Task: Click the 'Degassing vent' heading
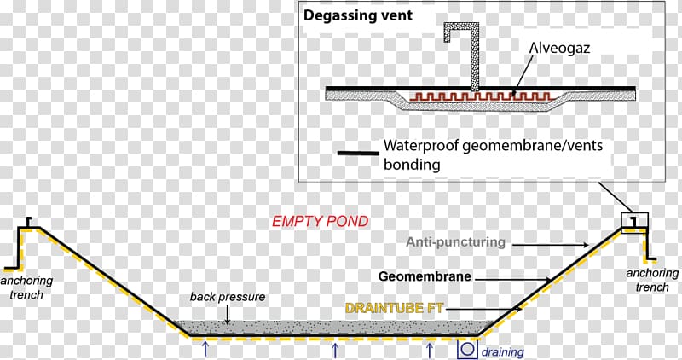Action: click(358, 15)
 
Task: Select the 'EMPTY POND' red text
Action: click(320, 221)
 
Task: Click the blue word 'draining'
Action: click(502, 351)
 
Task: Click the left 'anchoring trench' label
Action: click(26, 287)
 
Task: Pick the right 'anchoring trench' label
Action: click(652, 281)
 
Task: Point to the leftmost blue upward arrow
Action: click(205, 349)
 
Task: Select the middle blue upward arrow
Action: click(335, 349)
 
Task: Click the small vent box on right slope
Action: click(634, 222)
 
